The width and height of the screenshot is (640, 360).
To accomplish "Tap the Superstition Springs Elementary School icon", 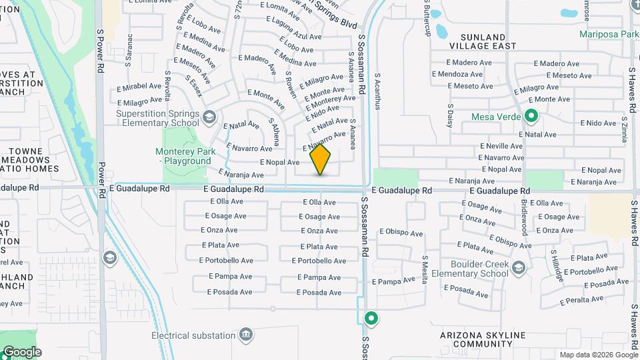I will click(209, 118).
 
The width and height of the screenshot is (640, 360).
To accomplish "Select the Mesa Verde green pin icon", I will click(531, 117).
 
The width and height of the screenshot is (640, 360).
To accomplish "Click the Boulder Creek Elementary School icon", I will click(519, 268).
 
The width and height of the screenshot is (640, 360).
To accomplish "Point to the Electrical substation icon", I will click(246, 333).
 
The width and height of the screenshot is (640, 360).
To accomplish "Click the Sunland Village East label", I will click(482, 41).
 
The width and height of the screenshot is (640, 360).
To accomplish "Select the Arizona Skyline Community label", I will click(482, 339).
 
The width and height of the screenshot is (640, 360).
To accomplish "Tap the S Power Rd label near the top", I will click(101, 51).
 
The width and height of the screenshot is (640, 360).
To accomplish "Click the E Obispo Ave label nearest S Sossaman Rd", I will click(401, 233).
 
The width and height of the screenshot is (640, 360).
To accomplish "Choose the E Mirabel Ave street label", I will click(139, 87).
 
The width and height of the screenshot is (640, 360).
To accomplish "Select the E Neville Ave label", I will click(501, 146).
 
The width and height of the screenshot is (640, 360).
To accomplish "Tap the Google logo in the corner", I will click(22, 352).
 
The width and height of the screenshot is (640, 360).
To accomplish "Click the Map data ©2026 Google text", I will click(598, 355).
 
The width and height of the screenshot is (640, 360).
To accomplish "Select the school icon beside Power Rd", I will click(109, 258).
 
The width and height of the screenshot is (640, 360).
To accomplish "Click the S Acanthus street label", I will click(377, 91).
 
